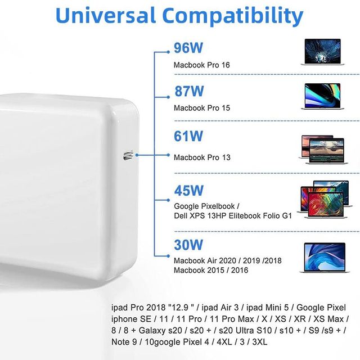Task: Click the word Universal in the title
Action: click(x=106, y=15)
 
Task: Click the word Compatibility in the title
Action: click(x=233, y=16)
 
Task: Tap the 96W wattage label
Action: click(x=188, y=48)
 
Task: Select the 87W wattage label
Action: click(x=189, y=91)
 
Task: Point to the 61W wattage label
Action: click(x=188, y=136)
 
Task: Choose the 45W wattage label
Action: click(x=189, y=190)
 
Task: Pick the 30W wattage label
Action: click(x=188, y=245)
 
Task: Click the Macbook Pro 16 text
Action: click(x=201, y=65)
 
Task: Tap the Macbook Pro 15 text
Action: click(x=202, y=108)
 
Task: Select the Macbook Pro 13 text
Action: click(x=202, y=157)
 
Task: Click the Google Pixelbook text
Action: click(x=204, y=206)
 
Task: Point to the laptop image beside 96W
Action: click(x=322, y=52)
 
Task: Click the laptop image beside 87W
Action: click(x=322, y=96)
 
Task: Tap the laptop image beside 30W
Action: click(x=325, y=258)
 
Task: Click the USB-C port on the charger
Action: click(x=128, y=156)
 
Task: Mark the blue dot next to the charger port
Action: click(x=137, y=155)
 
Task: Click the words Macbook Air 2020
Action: click(x=205, y=260)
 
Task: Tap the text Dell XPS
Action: click(x=189, y=216)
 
